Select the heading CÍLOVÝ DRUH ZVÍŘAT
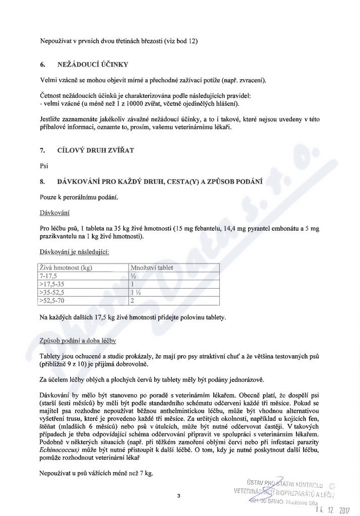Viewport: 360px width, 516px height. click(96, 150)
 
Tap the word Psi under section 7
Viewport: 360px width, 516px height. click(43, 165)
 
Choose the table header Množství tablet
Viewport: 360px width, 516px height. click(151, 268)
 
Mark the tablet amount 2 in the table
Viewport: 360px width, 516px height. click(132, 301)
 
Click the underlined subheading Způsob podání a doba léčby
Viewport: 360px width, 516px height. click(78, 342)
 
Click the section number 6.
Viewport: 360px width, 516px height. click(43, 64)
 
